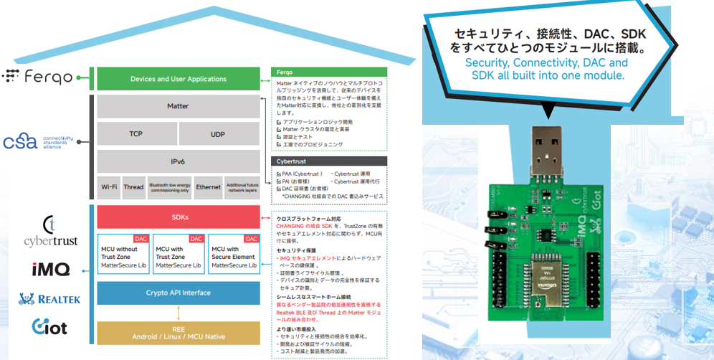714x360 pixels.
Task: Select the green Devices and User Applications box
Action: (x=178, y=79)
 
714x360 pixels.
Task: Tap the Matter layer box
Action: (x=178, y=106)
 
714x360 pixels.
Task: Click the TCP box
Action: (x=136, y=134)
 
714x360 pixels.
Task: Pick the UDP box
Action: (x=218, y=134)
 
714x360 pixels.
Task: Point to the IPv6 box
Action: (x=178, y=161)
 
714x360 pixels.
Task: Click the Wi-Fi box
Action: (x=109, y=187)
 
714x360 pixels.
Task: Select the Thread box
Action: (x=133, y=187)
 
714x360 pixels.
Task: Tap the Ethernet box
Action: (x=209, y=187)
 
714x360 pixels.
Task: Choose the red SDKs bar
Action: (x=178, y=217)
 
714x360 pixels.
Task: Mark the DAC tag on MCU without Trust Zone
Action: (x=141, y=239)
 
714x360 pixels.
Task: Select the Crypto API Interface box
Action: (x=178, y=293)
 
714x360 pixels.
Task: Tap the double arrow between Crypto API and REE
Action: (x=178, y=313)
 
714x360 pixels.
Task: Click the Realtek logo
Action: (x=49, y=299)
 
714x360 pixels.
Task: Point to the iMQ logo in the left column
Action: (x=50, y=270)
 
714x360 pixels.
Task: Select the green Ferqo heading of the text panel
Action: (x=328, y=72)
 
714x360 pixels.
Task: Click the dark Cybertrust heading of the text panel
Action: (x=328, y=162)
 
